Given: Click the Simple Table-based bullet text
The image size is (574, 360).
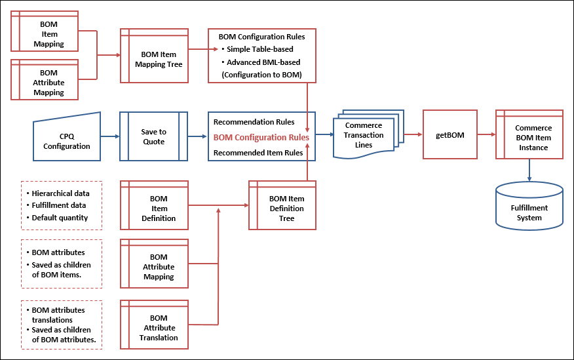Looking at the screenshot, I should pyautogui.click(x=260, y=49).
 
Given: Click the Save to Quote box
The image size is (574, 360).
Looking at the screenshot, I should pyautogui.click(x=153, y=136).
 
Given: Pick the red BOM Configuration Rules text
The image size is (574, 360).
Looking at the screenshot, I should pyautogui.click(x=261, y=137).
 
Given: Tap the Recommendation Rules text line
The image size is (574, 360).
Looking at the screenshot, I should pyautogui.click(x=254, y=122).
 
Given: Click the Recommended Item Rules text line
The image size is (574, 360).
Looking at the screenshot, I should pyautogui.click(x=258, y=153).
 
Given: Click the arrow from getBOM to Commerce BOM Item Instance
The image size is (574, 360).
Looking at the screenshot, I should pyautogui.click(x=485, y=134).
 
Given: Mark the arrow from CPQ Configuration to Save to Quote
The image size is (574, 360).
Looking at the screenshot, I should pyautogui.click(x=110, y=136).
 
